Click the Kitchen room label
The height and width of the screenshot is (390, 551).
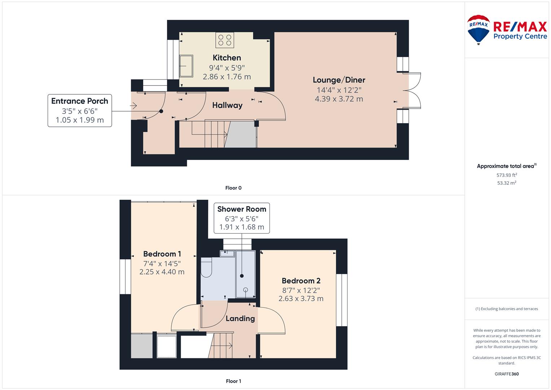(x=227, y=58)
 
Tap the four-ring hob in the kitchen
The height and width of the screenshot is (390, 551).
(x=225, y=40)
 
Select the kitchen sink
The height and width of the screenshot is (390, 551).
(x=186, y=66)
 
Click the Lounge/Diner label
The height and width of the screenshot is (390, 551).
(x=339, y=80)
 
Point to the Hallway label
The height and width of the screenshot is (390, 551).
(x=227, y=105)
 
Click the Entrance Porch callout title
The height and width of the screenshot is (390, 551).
(x=80, y=101)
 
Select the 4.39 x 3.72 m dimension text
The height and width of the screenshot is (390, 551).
(x=339, y=99)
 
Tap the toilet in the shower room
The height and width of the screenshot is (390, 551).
(x=206, y=268)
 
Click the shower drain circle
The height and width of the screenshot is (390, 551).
(x=245, y=290)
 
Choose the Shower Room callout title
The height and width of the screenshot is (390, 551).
(x=242, y=209)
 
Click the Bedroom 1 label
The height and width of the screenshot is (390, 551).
(x=162, y=254)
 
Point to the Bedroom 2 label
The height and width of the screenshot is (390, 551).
(x=301, y=281)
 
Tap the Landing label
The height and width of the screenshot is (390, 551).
(x=240, y=318)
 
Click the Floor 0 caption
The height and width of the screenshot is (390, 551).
(x=233, y=188)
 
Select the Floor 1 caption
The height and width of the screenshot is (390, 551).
(x=233, y=381)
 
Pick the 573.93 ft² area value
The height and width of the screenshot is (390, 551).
(x=507, y=175)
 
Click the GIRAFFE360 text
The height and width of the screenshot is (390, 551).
(x=507, y=374)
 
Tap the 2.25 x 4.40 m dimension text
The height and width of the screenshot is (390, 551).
(x=162, y=272)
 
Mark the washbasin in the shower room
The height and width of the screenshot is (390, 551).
(x=227, y=253)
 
